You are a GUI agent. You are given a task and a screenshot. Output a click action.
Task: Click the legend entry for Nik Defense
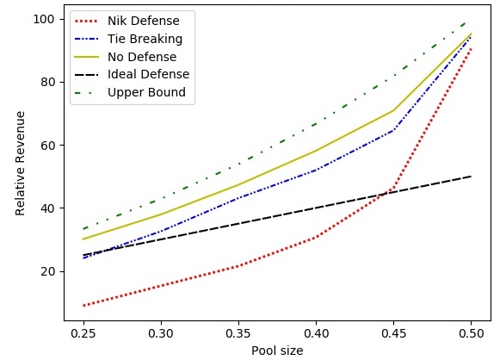144,21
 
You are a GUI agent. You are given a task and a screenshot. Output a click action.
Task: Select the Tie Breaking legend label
145,39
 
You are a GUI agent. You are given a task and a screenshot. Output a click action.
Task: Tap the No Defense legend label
142,57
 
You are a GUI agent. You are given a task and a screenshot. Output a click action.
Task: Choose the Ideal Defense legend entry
149,74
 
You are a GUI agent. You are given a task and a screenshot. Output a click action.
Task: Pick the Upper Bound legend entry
146,92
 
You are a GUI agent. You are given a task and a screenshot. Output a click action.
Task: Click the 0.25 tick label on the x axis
83,333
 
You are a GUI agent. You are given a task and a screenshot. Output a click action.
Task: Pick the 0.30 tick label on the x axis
161,333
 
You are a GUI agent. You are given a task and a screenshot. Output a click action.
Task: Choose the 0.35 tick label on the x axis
238,333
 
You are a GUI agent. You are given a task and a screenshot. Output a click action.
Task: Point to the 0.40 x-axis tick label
316,333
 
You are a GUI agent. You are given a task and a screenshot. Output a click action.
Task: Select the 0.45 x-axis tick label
393,333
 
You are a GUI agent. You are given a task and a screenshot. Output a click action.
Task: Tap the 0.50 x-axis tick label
471,333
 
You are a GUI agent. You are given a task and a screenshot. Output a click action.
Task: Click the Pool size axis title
277,351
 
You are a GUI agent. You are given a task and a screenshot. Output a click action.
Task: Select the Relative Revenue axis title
20,163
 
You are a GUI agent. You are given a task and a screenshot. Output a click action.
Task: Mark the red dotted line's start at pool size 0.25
83,306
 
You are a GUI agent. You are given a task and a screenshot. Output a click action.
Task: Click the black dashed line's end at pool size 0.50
471,177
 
